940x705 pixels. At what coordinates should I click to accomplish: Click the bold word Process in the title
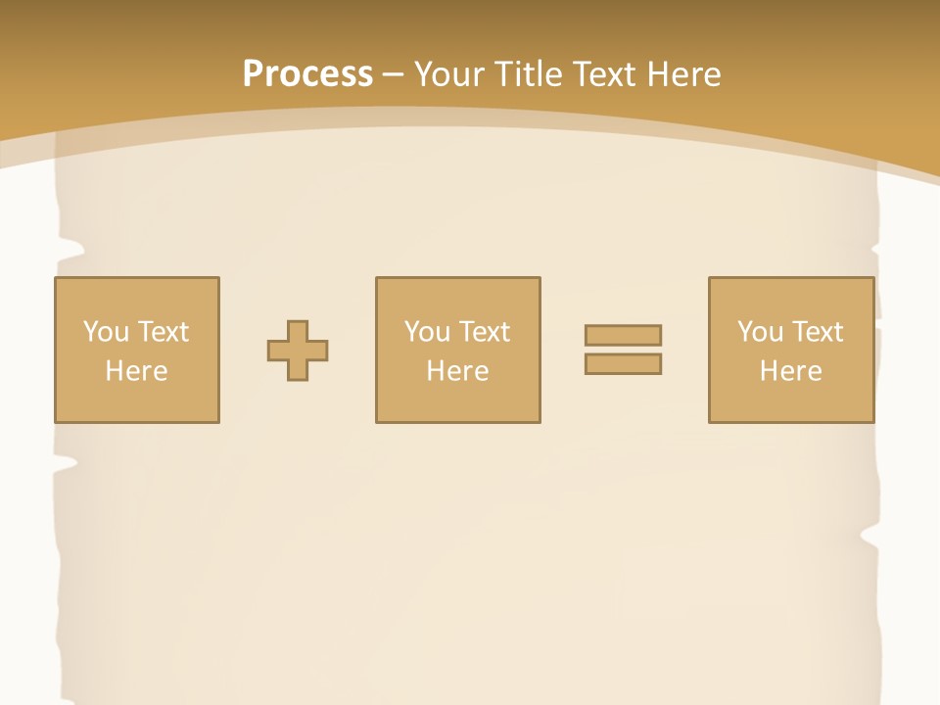pos(307,74)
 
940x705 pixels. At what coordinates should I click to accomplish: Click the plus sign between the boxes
pos(298,351)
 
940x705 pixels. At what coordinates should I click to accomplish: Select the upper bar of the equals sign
pos(623,335)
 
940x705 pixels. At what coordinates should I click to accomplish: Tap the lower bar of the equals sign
pos(623,363)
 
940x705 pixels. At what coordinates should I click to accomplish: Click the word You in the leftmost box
pos(106,332)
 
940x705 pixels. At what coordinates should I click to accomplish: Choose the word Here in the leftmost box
pos(136,371)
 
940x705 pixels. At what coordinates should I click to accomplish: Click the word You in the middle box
pos(427,332)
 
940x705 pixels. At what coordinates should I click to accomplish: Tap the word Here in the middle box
pos(457,371)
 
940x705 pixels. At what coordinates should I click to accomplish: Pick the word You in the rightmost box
pos(760,332)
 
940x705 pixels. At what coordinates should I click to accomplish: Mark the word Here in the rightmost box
pos(790,371)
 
